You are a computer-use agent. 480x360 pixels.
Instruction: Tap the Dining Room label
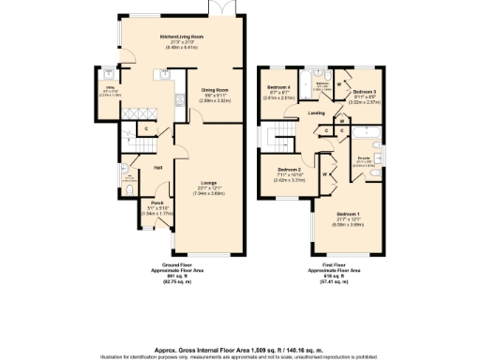[x=216, y=90]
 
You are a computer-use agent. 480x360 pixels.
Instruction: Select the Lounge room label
[x=211, y=184]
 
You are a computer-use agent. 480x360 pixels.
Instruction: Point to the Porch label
[x=151, y=202]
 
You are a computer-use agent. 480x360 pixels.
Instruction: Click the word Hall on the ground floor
[x=158, y=167]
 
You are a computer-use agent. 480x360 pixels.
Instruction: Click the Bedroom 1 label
[x=352, y=215]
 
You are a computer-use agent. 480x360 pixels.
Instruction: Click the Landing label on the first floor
[x=317, y=112]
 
